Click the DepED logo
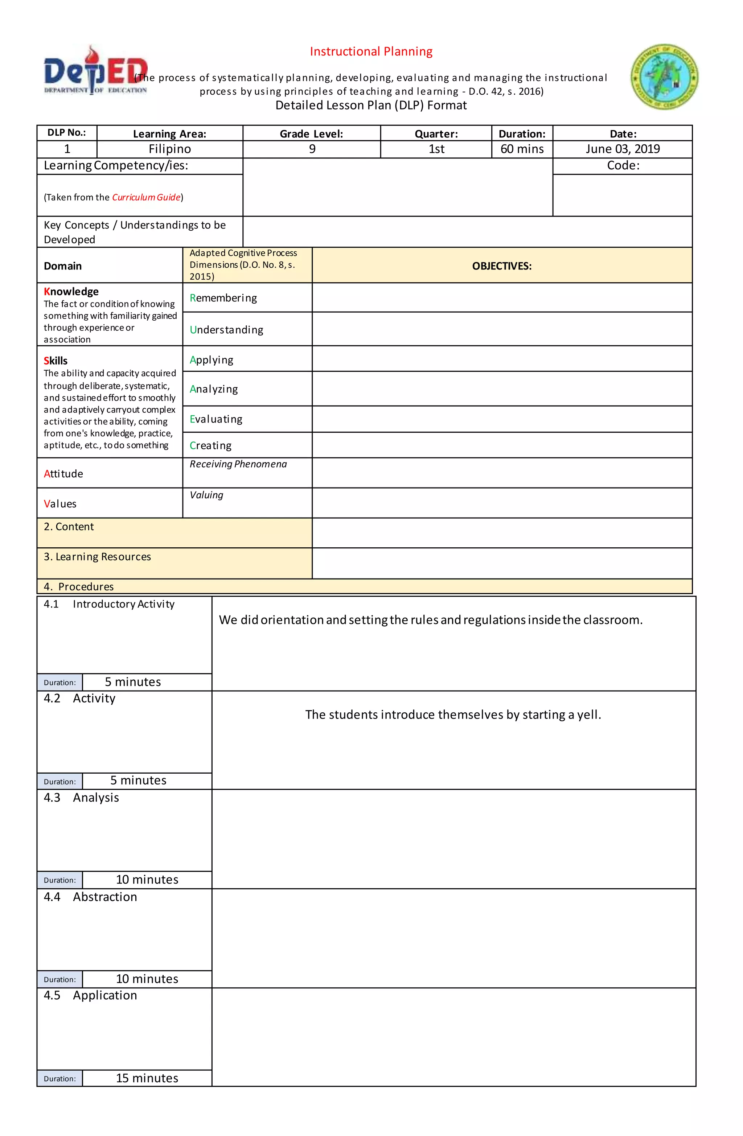click(x=95, y=71)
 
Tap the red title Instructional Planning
click(x=371, y=52)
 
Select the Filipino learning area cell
click(x=169, y=149)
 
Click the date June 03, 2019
click(x=622, y=149)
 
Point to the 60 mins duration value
click(x=522, y=149)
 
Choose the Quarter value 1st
click(x=436, y=149)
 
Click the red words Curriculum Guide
click(x=146, y=197)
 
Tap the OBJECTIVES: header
click(x=501, y=266)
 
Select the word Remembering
click(x=223, y=298)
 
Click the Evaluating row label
click(x=216, y=419)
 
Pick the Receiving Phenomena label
click(x=238, y=464)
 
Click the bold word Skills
click(x=56, y=361)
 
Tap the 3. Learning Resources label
click(x=98, y=556)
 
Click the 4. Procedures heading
click(x=79, y=586)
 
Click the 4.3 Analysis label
click(x=82, y=798)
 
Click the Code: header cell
click(x=623, y=166)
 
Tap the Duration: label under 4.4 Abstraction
click(x=60, y=979)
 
